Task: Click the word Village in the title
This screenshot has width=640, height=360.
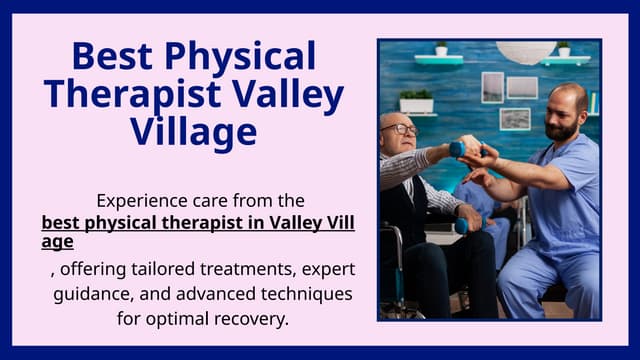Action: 193,131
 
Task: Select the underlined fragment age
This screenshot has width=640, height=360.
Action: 57,241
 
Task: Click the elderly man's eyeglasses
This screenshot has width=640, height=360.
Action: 401,130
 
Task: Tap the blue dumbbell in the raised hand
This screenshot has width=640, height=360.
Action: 457,149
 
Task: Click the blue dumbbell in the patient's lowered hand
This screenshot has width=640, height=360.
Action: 461,227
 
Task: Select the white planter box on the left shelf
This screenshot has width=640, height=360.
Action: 416,103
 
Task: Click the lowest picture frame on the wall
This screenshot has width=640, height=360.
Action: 515,119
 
